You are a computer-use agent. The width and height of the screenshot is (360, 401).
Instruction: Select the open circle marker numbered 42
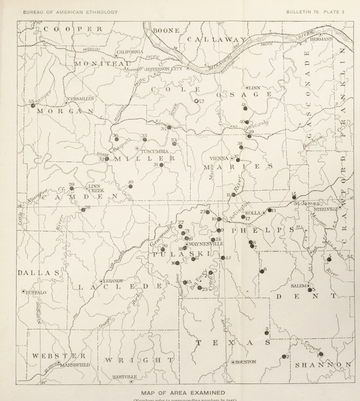(x=196, y=101)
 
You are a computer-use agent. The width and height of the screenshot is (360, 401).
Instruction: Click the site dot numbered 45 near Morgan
(x=33, y=105)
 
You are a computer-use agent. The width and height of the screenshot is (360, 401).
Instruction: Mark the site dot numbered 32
(x=107, y=159)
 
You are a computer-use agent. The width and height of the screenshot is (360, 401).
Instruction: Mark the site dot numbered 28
(x=83, y=209)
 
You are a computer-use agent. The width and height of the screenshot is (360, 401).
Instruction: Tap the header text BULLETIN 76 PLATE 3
(x=315, y=12)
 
